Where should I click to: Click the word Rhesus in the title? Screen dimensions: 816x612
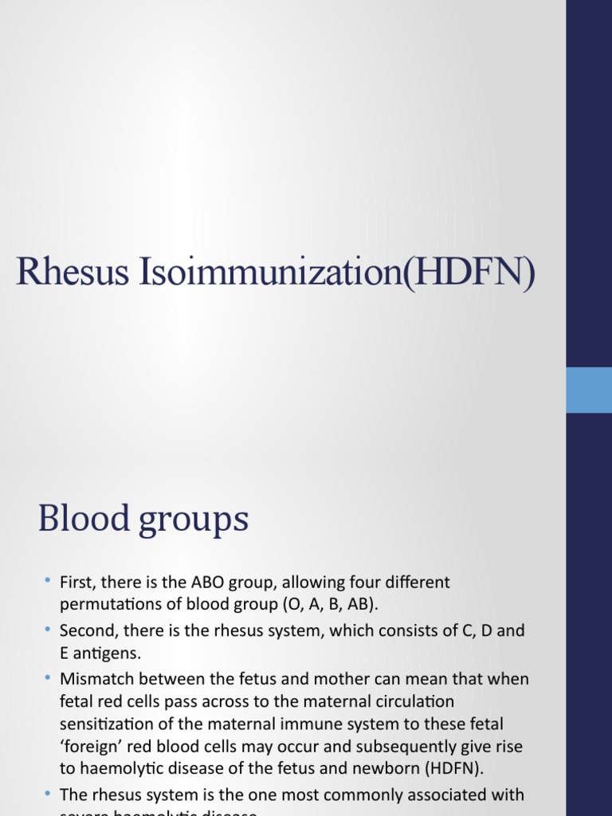[73, 272]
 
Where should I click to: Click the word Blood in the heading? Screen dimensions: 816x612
[83, 519]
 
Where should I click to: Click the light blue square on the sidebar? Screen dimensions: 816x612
[589, 390]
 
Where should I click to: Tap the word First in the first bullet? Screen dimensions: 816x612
[76, 583]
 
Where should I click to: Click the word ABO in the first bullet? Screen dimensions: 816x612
[202, 583]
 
